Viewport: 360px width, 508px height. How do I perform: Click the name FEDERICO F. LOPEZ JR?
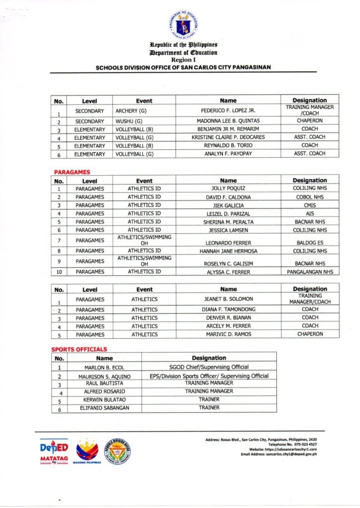coord(228,110)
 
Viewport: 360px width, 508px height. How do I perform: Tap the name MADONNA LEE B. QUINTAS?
coord(228,121)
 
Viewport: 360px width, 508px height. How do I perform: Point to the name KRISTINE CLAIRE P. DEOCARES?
coord(228,137)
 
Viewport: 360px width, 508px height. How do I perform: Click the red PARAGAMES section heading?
coord(72,172)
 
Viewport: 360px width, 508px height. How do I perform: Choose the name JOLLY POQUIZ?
coord(228,189)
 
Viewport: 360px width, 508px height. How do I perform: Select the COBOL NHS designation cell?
coord(310,197)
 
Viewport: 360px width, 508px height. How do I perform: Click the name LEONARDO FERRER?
coord(228,243)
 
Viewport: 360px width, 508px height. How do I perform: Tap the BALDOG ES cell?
coord(310,243)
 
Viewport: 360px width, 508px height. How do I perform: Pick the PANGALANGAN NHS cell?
coord(310,272)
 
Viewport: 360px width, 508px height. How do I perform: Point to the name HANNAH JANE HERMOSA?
coord(228,251)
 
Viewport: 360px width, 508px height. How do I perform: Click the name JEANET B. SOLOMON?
coord(228,299)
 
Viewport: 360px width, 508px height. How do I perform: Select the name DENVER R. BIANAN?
coord(228,317)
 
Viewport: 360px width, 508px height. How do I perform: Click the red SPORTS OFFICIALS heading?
coord(79,349)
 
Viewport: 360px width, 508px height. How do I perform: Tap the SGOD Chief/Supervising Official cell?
coord(209,367)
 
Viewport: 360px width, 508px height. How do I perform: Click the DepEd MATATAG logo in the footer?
coord(54,451)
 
